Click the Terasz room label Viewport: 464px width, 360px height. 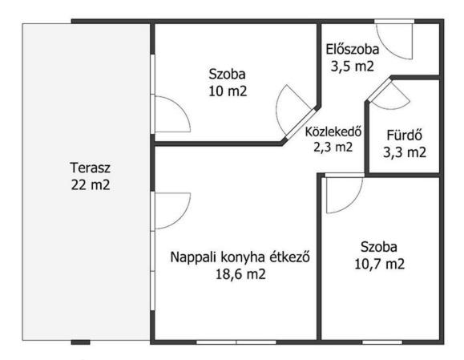pyautogui.click(x=91, y=168)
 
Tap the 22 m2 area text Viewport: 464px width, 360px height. pyautogui.click(x=91, y=185)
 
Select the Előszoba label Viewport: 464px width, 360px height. pyautogui.click(x=353, y=50)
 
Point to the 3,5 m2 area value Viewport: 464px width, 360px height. pyautogui.click(x=352, y=67)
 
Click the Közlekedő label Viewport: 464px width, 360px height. pyautogui.click(x=333, y=131)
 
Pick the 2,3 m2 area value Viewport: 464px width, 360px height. pyautogui.click(x=333, y=147)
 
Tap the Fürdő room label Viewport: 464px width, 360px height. pyautogui.click(x=405, y=136)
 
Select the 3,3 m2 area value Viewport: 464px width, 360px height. pyautogui.click(x=405, y=152)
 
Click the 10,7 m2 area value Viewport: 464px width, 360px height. pyautogui.click(x=379, y=264)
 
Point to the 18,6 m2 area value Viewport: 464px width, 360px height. pyautogui.click(x=240, y=274)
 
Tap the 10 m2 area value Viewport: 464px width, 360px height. pyautogui.click(x=228, y=91)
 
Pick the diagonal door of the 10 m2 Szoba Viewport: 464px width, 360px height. pyautogui.click(x=300, y=124)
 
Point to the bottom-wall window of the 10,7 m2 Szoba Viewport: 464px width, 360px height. pyautogui.click(x=382, y=342)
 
